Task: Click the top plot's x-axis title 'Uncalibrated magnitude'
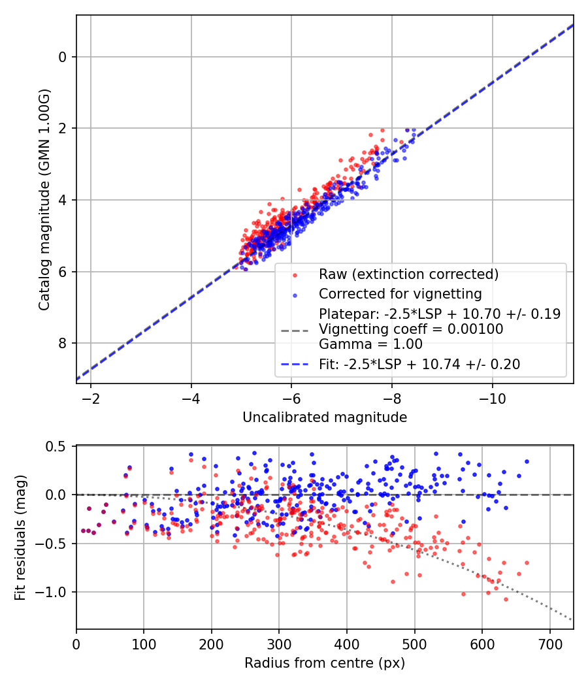pyautogui.click(x=325, y=417)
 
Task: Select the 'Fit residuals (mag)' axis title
pyautogui.click(x=20, y=537)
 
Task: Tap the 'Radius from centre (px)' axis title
pyautogui.click(x=325, y=663)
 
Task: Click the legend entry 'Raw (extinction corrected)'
pyautogui.click(x=408, y=274)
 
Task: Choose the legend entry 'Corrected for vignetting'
pyautogui.click(x=399, y=293)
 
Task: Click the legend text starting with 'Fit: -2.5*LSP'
pyautogui.click(x=419, y=365)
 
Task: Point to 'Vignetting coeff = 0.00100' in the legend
pyautogui.click(x=411, y=329)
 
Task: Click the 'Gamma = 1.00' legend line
pyautogui.click(x=370, y=344)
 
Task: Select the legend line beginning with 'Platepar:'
pyautogui.click(x=439, y=314)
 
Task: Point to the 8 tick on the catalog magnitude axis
pyautogui.click(x=63, y=343)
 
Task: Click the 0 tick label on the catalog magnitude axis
pyautogui.click(x=63, y=57)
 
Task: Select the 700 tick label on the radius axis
pyautogui.click(x=549, y=645)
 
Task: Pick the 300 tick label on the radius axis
pyautogui.click(x=279, y=645)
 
